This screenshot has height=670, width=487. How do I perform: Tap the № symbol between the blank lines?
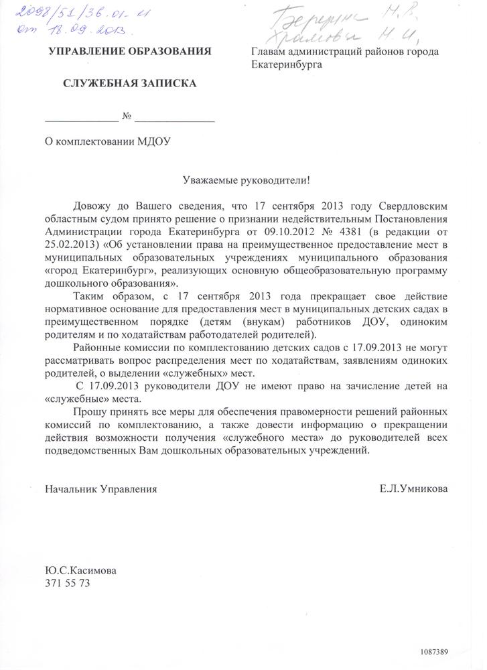tap(127, 117)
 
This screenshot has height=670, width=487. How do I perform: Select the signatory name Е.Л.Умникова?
tap(414, 489)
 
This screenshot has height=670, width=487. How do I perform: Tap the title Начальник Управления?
tap(101, 489)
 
